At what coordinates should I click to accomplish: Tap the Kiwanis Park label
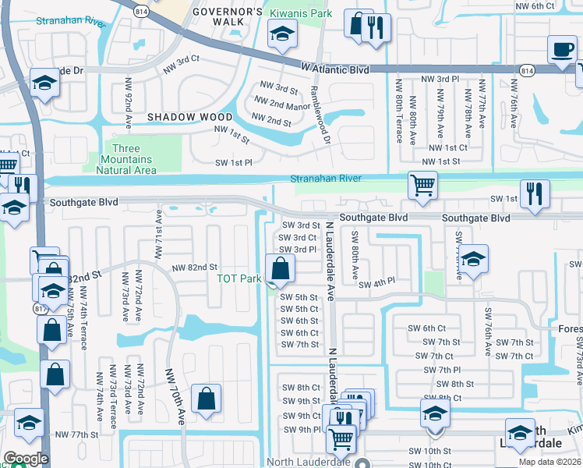pyautogui.click(x=300, y=14)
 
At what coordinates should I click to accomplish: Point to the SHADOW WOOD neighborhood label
pyautogui.click(x=190, y=117)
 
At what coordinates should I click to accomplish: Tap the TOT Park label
pyautogui.click(x=238, y=278)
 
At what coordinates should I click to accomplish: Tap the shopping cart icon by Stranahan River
pyautogui.click(x=422, y=186)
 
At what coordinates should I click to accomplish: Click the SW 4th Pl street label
pyautogui.click(x=377, y=282)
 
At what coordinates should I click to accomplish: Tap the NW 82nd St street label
pyautogui.click(x=194, y=267)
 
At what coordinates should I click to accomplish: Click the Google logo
pyautogui.click(x=26, y=458)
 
